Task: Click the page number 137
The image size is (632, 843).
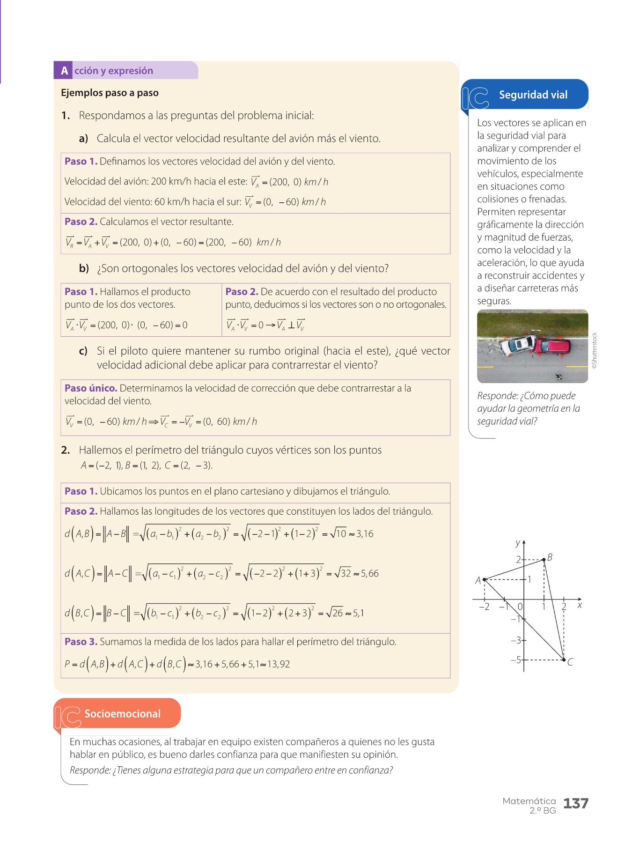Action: click(575, 804)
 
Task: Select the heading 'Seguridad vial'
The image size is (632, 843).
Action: click(533, 95)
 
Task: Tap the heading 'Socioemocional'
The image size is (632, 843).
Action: click(122, 714)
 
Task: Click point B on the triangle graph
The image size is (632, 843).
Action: click(544, 559)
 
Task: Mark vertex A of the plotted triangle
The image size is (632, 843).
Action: click(484, 579)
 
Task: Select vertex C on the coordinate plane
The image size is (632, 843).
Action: click(564, 659)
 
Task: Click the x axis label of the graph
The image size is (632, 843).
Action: click(580, 606)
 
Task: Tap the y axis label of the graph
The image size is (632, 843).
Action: click(517, 543)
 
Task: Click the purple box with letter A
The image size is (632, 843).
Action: click(64, 71)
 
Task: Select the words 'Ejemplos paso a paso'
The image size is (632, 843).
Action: click(110, 93)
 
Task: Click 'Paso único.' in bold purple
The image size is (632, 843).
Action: click(91, 388)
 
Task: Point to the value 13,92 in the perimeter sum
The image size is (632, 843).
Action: click(279, 664)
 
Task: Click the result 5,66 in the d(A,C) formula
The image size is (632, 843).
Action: click(369, 573)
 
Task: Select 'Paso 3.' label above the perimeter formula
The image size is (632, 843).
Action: click(81, 642)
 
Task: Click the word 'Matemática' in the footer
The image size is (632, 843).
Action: click(529, 801)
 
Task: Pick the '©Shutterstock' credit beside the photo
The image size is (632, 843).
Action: click(595, 350)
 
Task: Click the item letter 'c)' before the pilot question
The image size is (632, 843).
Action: click(83, 351)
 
